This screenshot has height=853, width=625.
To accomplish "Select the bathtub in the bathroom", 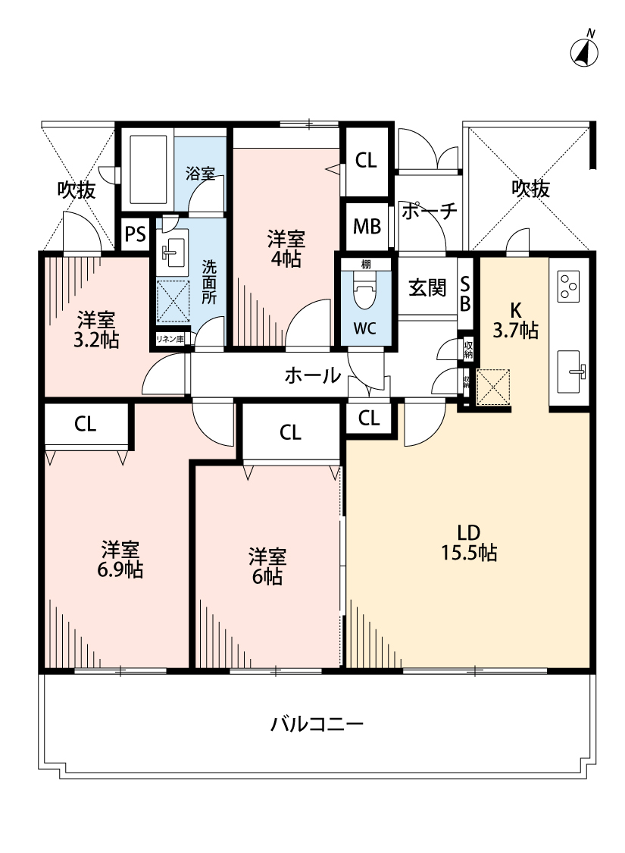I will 148,170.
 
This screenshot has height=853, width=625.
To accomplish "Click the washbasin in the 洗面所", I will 173,252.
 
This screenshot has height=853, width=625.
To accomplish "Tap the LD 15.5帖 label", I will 469,543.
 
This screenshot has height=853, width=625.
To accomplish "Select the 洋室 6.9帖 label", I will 121,560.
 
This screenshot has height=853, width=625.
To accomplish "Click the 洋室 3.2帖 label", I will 96,330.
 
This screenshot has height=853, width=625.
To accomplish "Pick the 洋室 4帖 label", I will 286,249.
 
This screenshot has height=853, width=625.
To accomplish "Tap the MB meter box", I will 367,227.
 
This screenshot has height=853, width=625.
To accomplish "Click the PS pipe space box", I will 136,234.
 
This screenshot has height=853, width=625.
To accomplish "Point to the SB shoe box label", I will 466,293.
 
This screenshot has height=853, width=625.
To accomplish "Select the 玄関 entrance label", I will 427,288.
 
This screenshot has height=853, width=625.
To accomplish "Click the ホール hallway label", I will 312,375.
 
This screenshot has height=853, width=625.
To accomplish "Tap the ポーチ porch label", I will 429,211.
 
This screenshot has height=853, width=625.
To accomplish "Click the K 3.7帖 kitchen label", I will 514,320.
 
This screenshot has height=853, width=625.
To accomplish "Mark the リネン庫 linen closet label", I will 170,340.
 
